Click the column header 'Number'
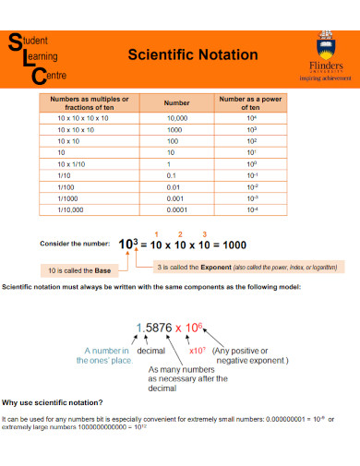(x=176, y=103)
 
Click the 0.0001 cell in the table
(x=176, y=209)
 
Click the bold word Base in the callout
(x=102, y=270)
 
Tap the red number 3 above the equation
(x=204, y=233)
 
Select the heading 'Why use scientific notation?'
(x=54, y=402)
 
